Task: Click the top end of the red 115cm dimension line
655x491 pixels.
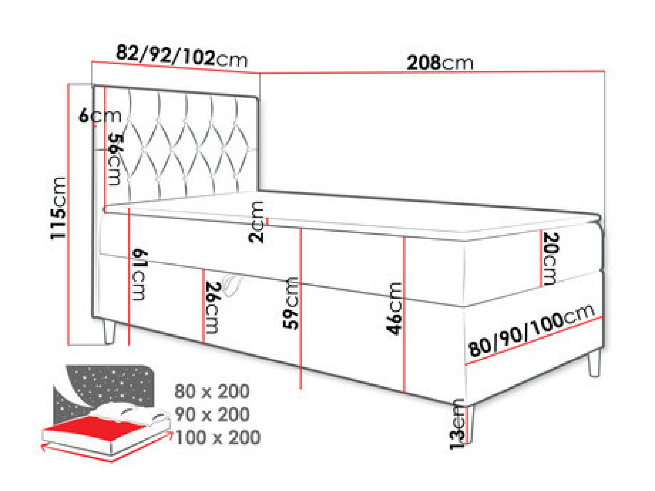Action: click(69, 84)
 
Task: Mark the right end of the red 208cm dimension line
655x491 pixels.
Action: click(604, 71)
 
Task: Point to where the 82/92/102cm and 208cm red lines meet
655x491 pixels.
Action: click(260, 73)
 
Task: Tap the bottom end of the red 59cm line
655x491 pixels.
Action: click(300, 389)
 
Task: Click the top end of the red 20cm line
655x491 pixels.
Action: click(541, 230)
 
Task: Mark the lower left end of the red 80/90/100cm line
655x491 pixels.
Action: click(466, 364)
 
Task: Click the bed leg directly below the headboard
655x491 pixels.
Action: click(109, 331)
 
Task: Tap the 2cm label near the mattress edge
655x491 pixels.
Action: click(256, 222)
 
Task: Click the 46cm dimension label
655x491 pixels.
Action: click(394, 309)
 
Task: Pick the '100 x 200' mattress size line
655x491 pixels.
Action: click(218, 437)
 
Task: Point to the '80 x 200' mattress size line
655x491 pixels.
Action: click(212, 391)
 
